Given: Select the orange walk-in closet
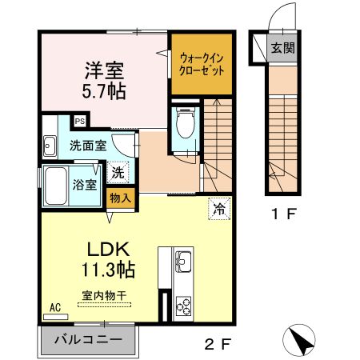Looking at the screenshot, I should pos(202,63).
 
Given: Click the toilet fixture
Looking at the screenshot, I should pos(186,122).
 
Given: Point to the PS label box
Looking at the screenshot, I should pos(80,121).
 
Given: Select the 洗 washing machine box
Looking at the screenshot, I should pos(118,171).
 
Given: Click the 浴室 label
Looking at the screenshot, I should pos(86,185).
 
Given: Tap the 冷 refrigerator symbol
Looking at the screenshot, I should pos(218,208).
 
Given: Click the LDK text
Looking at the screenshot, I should pos(106,248).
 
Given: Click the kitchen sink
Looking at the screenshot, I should pos(182,261).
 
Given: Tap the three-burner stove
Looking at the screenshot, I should pos(182,306).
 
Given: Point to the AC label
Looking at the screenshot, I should pos(56,306).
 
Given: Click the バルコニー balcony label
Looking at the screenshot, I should pos(88,339).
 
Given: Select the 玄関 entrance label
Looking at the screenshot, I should pos(282,47).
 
